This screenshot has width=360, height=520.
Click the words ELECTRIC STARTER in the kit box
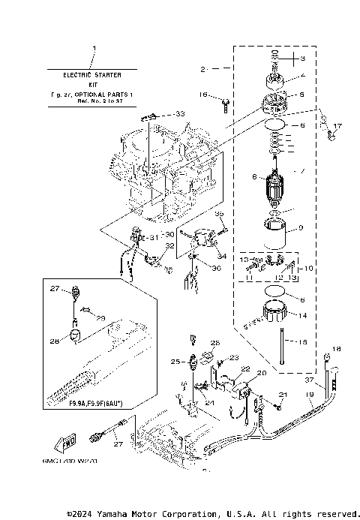[94, 76]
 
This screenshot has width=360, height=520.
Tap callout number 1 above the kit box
[94, 49]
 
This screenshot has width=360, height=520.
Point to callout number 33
[179, 113]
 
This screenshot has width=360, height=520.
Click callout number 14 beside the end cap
[302, 316]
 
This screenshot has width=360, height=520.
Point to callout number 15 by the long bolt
[302, 343]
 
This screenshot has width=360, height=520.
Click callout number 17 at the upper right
[337, 126]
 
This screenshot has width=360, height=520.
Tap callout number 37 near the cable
[309, 380]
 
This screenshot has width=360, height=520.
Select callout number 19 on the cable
[309, 404]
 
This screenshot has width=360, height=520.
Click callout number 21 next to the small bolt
[283, 394]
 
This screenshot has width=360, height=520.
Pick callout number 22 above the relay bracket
[244, 369]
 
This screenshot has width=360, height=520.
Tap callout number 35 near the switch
[220, 214]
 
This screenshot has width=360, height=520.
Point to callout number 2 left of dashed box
[202, 69]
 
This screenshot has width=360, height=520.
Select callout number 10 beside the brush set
[307, 268]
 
